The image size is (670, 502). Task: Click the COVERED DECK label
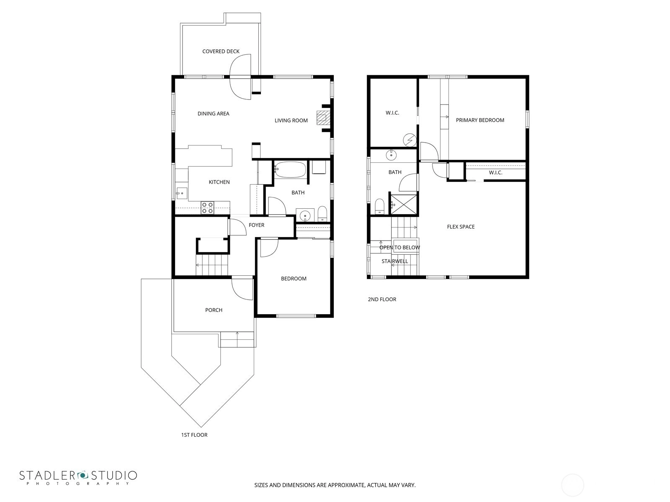point(221,51)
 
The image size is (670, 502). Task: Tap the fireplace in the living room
point(322,118)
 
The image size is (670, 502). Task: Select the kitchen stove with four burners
point(207,207)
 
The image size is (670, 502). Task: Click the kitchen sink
point(182,193)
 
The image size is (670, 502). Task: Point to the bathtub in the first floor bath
point(290,169)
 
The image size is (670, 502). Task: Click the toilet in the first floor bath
point(322,214)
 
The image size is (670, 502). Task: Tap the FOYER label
point(256,225)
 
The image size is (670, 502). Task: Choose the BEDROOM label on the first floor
point(294,279)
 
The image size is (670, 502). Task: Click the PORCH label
point(214,310)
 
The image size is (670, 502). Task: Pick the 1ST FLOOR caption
point(194,435)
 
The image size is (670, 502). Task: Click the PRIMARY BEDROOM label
point(480,120)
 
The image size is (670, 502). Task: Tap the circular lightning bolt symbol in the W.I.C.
point(410,140)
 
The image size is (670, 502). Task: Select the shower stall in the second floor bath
point(404,204)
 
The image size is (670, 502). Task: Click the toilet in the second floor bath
point(379,206)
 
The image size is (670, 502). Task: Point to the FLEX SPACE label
point(461,227)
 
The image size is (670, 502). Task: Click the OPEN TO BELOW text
point(399,248)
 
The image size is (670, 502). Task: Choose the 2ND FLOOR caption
point(382,299)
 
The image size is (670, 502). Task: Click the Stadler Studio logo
point(78,478)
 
